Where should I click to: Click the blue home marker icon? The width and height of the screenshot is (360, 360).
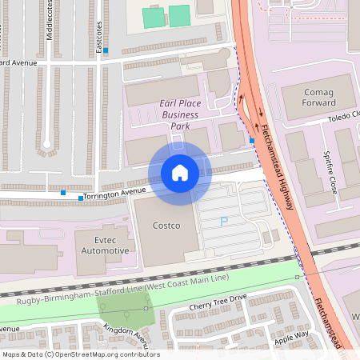(x=179, y=172)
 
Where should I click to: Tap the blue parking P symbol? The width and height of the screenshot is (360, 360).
(x=224, y=222)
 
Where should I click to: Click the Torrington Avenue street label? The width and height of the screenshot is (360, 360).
(x=117, y=192)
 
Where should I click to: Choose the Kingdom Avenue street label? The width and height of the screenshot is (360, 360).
(x=120, y=334)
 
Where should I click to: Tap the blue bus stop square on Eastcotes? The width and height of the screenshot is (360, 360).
(x=106, y=50)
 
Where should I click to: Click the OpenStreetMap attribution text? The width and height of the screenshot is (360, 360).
(x=81, y=354)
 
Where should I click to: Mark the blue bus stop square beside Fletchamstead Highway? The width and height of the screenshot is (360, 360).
(x=252, y=141)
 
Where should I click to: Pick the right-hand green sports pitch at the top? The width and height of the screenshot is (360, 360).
(x=179, y=15)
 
